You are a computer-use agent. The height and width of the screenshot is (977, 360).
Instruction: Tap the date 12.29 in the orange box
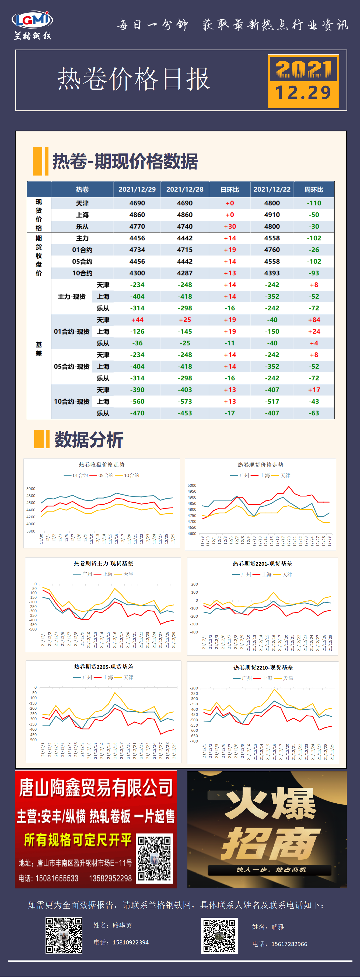click(303, 93)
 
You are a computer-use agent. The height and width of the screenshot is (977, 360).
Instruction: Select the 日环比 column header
click(229, 189)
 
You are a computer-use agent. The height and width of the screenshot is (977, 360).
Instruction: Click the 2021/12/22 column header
click(272, 189)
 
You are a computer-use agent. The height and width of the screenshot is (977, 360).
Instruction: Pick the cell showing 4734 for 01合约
click(137, 250)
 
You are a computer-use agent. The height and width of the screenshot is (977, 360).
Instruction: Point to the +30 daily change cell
click(229, 226)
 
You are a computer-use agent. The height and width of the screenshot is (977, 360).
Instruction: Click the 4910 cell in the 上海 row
click(272, 215)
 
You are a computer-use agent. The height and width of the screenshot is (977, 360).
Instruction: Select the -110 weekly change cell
click(314, 203)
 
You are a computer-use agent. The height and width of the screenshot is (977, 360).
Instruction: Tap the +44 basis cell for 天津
click(137, 320)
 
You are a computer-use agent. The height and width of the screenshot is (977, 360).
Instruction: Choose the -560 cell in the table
click(137, 401)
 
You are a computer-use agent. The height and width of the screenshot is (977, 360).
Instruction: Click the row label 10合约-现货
click(72, 401)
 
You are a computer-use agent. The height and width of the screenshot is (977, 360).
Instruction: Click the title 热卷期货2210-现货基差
click(263, 667)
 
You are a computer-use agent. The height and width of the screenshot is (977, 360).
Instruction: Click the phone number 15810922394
click(131, 942)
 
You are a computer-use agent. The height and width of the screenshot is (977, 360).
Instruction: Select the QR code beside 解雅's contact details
click(219, 936)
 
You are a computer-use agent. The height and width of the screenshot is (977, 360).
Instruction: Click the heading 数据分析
click(89, 440)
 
